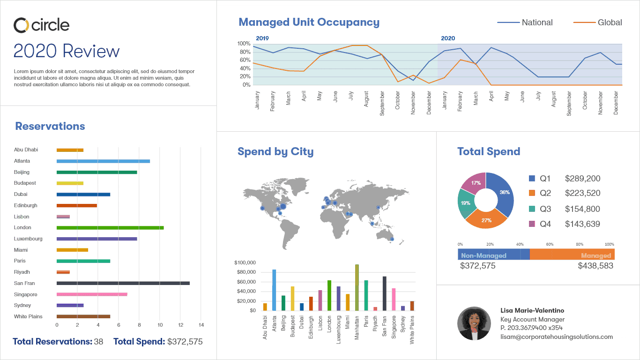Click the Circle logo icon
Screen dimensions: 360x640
click(22, 25)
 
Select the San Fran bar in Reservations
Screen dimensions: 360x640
click(123, 283)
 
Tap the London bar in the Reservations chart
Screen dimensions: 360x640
click(110, 228)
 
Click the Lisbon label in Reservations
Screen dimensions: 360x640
click(22, 217)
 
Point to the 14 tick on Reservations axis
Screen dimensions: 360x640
click(201, 325)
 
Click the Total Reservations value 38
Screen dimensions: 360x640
click(98, 342)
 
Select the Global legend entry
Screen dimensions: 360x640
click(597, 22)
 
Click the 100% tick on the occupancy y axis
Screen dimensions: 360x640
click(244, 44)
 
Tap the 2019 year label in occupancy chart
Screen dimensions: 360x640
click(262, 38)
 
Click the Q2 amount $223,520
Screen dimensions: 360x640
click(582, 193)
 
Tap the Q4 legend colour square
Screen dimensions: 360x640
click(532, 224)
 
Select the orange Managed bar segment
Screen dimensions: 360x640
click(572, 254)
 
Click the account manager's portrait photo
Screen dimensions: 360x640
click(474, 323)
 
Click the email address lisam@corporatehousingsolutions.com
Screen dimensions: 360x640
click(557, 337)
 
